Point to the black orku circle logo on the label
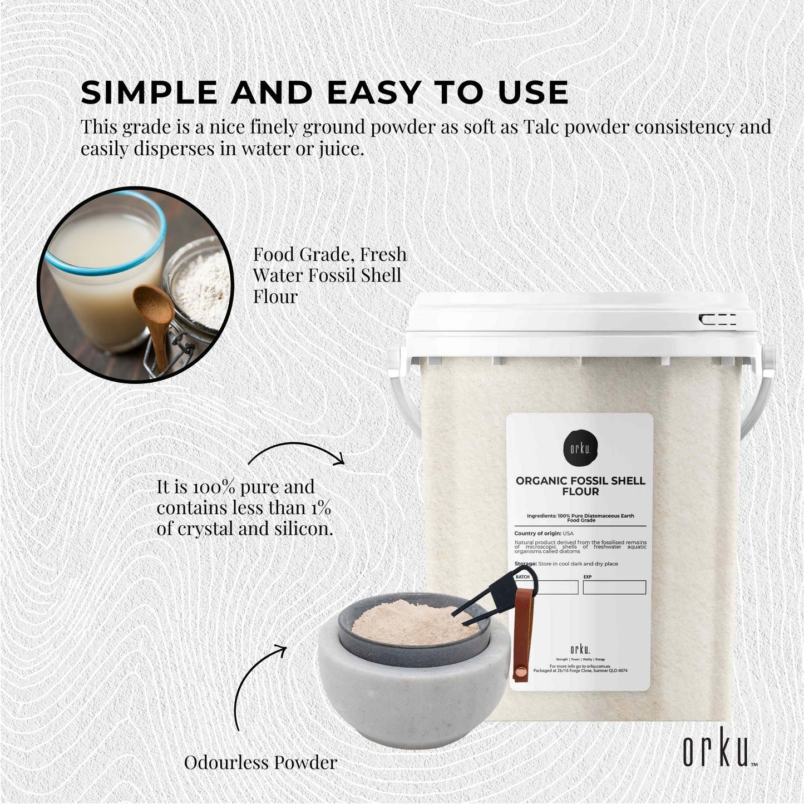[579, 448]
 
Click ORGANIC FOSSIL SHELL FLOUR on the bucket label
[580, 486]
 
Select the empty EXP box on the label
[614, 587]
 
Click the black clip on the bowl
[501, 595]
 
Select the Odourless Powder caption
[260, 762]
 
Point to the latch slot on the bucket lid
[718, 319]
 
